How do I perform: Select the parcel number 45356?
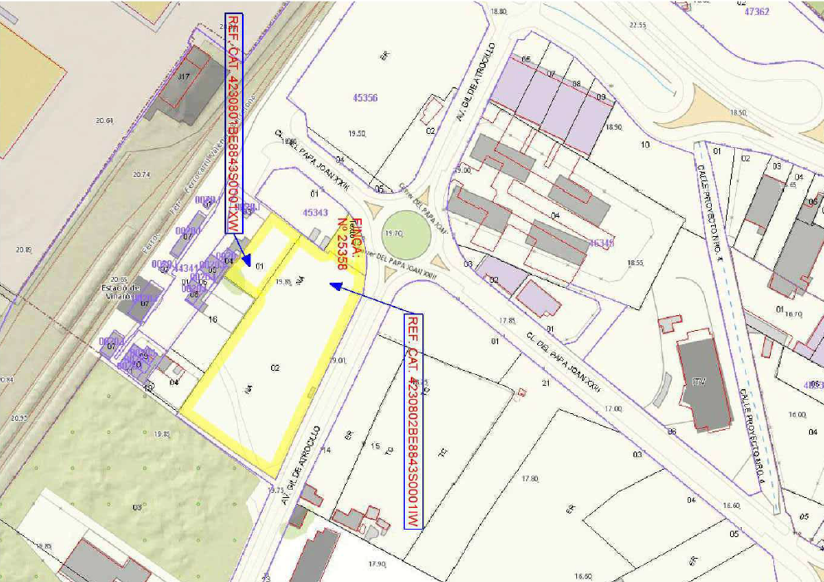tap(365, 98)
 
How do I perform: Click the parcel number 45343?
tap(315, 213)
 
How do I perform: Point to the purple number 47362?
tap(757, 12)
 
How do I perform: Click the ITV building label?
tap(698, 382)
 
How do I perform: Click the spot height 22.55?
tap(638, 25)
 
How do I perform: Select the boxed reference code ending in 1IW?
tap(413, 421)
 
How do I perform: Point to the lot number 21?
tap(546, 383)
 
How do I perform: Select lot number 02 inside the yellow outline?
tap(274, 367)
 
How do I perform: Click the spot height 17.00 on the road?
tap(614, 409)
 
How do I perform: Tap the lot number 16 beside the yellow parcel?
tap(213, 319)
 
